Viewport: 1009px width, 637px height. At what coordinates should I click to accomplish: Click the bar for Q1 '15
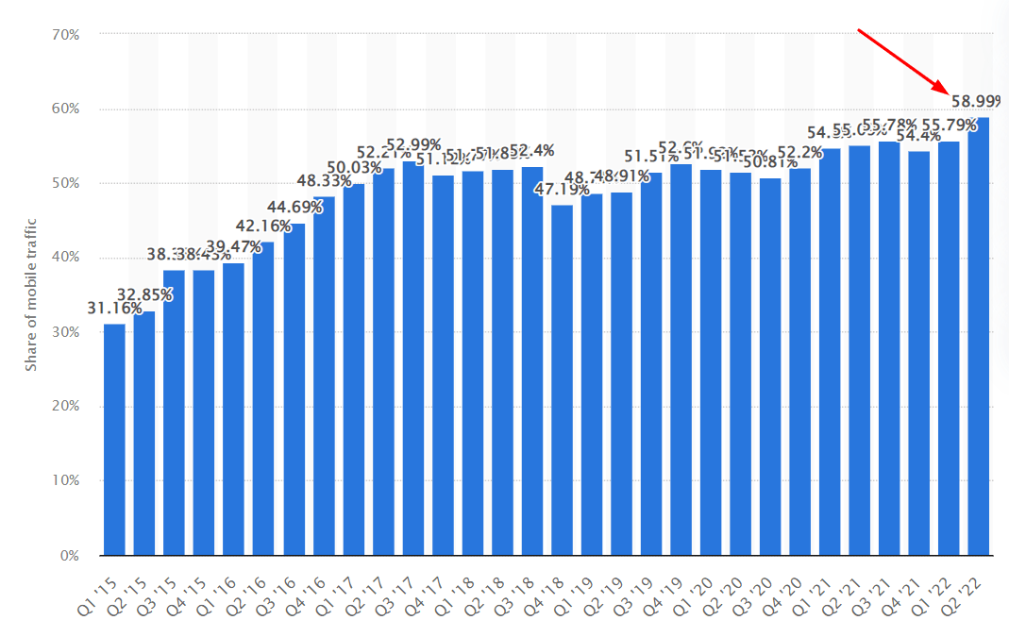(114, 440)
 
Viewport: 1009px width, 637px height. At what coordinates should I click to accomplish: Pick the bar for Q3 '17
(413, 359)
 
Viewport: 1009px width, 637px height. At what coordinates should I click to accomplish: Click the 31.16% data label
(114, 309)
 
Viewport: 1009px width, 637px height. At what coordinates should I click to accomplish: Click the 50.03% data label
(354, 168)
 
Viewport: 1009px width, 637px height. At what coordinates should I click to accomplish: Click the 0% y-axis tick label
(70, 556)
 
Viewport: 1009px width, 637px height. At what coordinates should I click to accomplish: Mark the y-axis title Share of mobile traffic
(31, 294)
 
